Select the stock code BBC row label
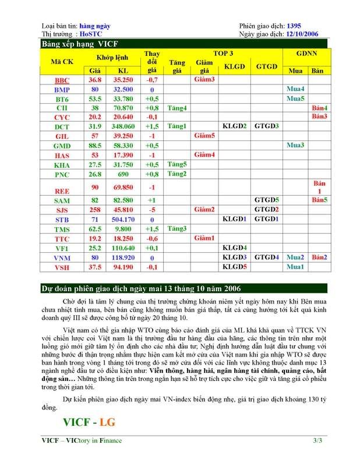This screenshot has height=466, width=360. (61, 80)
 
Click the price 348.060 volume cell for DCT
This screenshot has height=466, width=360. (123, 126)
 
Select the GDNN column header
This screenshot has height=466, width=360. (306, 53)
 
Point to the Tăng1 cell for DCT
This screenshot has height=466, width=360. (177, 126)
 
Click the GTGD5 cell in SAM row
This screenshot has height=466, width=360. (266, 200)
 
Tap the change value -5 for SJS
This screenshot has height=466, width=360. (151, 210)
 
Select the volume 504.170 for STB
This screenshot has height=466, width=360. (123, 220)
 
